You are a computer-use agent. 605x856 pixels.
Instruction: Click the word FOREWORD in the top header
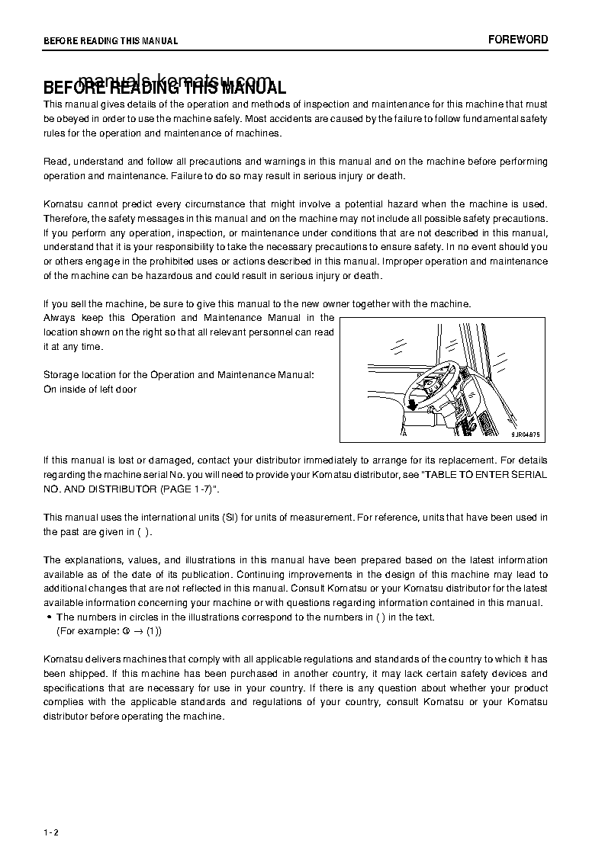click(518, 40)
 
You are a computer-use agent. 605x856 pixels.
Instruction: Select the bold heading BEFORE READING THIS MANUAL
click(165, 88)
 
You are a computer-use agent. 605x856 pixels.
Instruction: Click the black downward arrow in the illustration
click(412, 403)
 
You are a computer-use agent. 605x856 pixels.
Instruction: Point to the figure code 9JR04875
click(525, 434)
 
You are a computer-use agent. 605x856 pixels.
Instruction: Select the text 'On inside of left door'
click(90, 390)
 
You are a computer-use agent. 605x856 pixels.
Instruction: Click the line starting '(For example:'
click(109, 631)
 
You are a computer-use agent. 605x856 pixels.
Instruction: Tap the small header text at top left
click(111, 41)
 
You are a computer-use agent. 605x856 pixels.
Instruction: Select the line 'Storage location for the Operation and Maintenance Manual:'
click(178, 375)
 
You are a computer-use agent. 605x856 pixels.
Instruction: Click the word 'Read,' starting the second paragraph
click(56, 162)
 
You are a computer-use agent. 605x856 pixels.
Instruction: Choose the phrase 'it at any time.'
click(73, 347)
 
